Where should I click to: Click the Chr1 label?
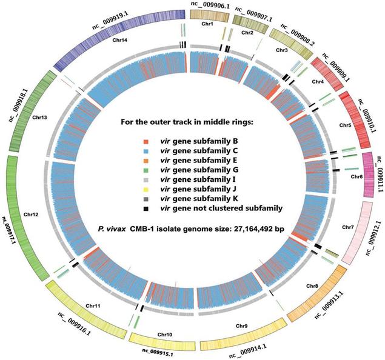(207, 24)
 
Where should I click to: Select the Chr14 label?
(120, 42)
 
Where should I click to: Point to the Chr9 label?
(242, 326)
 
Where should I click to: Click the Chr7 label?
(347, 227)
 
